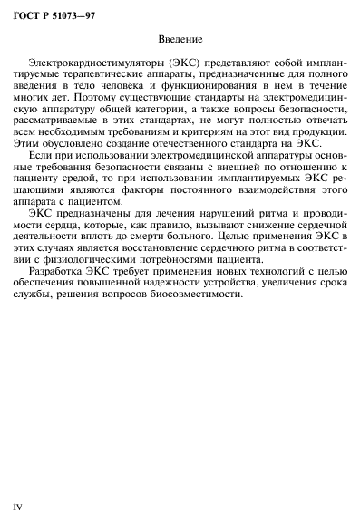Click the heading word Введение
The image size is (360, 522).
click(180, 40)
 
